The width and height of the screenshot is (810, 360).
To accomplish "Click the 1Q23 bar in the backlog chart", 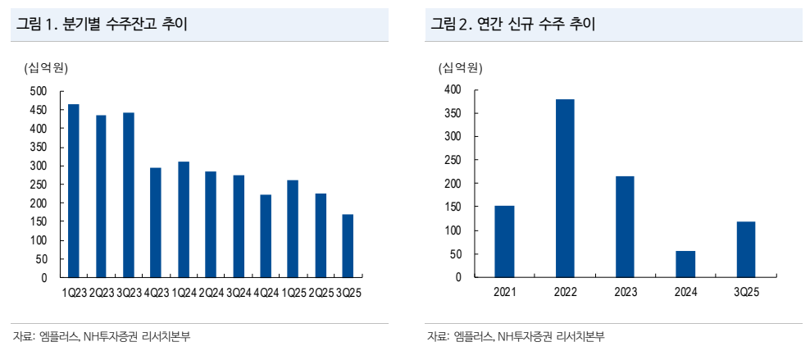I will coord(74,191).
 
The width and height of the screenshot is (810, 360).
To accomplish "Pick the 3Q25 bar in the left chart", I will coord(348,246).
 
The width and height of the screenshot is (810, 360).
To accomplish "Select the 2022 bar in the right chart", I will coord(565,188).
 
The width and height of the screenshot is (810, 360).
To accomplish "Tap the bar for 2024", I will coord(685,264).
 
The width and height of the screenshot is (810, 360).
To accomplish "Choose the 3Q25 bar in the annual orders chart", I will coord(746,249).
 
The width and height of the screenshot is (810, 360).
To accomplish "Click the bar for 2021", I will coord(504,241).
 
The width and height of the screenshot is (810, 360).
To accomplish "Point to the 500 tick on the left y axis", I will coord(39,91).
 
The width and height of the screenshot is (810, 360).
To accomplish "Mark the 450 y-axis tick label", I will coord(39,110).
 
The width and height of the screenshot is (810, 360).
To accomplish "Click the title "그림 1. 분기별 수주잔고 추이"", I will coord(102,25).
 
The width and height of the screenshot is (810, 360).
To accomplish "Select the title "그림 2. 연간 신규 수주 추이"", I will coord(513,25).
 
